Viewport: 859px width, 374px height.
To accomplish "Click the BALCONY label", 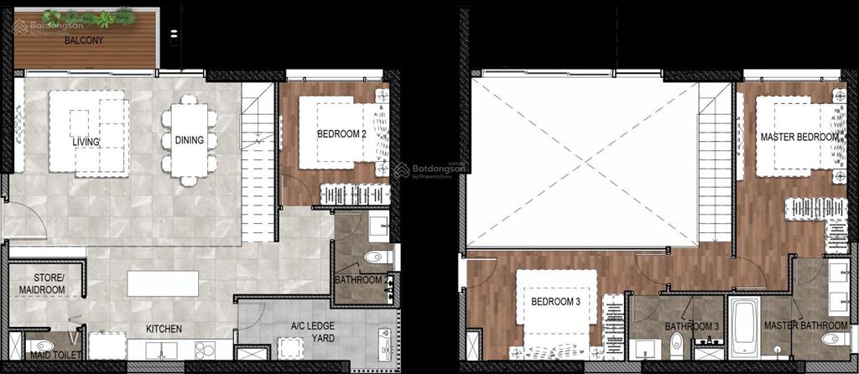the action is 84,40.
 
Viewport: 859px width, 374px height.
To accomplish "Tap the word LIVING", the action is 86,142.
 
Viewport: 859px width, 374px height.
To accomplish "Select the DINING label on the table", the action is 190,140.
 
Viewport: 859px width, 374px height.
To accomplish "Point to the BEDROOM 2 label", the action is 341,133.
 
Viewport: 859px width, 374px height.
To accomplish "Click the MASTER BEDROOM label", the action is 799,137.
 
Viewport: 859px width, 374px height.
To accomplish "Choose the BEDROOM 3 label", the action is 555,301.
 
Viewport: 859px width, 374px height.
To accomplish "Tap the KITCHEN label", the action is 164,329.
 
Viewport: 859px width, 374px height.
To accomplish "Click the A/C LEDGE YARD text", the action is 312,332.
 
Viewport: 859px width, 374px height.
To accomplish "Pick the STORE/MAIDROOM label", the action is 42,283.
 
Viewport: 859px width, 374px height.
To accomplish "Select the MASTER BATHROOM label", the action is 806,326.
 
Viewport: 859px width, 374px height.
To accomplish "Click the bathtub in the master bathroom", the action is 745,328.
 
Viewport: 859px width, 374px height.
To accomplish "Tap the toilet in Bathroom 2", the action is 378,257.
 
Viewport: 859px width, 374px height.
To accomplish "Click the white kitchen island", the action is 163,283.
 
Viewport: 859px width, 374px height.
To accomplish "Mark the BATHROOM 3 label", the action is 691,326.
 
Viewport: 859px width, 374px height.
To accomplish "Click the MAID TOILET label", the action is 56,355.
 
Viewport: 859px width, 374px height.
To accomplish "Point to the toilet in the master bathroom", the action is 835,339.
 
